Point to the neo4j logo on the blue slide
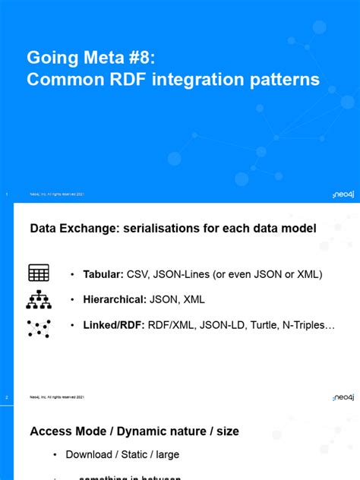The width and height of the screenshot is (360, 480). point(343,194)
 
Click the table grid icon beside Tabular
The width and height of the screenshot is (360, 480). point(39,273)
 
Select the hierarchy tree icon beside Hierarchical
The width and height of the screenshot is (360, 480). point(39,300)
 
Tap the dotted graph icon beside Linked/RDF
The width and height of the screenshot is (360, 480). point(39,327)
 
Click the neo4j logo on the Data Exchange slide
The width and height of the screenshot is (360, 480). point(343,397)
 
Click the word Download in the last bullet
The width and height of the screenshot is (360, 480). point(90,455)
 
